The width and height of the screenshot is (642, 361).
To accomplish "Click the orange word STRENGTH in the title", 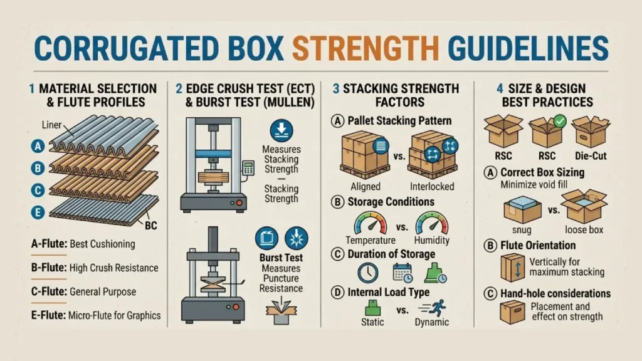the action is point(366,48).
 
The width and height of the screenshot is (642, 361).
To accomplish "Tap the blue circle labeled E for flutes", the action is point(38,212).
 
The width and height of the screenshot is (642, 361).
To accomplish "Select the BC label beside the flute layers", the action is point(150,225).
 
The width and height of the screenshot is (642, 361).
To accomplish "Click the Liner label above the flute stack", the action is point(51,125).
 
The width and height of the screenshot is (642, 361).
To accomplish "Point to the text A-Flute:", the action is point(49,244).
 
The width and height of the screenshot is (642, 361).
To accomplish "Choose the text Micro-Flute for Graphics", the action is point(114,316).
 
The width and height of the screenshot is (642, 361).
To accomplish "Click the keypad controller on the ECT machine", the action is point(248,168).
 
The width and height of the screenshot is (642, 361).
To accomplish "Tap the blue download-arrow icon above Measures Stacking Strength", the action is point(282,130).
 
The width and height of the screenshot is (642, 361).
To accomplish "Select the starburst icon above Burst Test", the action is point(296,238).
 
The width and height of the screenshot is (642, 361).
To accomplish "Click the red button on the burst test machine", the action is point(236,307).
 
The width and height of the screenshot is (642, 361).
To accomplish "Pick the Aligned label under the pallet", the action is point(366,187).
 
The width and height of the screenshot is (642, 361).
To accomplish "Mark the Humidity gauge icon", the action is point(431,224).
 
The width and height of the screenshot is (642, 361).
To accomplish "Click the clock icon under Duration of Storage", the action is point(367,273).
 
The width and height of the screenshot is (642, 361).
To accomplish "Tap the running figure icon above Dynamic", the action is point(433,308).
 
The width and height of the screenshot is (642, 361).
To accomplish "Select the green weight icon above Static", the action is point(372,307).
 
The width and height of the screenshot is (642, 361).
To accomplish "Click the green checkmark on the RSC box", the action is point(560,121).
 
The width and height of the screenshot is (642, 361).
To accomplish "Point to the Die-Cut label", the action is point(591,156).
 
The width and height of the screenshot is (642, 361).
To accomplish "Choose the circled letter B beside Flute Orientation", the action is point(490,246).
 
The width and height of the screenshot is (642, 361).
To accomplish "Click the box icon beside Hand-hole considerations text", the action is point(512,312).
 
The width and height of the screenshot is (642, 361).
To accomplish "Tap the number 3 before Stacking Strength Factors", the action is point(336,89).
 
